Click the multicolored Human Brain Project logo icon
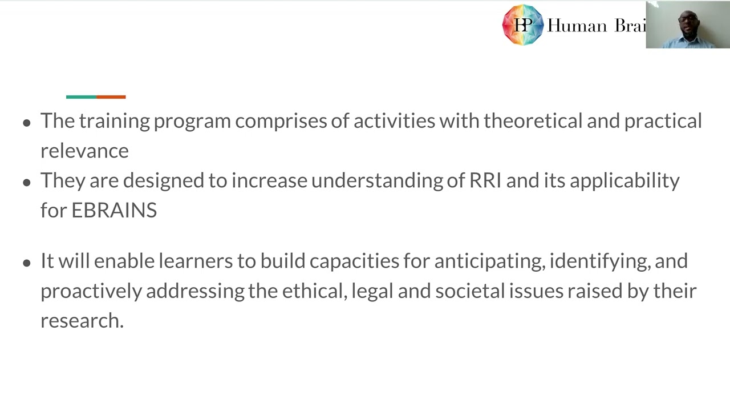coord(522,25)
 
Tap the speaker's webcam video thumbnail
coord(688,25)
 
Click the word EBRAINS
coord(114,210)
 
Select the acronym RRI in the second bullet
coord(485,180)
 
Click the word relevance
coord(84,151)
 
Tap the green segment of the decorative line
coord(81,97)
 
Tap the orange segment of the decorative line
coord(111,97)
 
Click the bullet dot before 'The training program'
coord(27,122)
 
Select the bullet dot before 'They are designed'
coord(27,182)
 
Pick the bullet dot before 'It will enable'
coord(27,263)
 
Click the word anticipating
coord(489,261)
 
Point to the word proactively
coord(91,291)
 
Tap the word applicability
coord(624,180)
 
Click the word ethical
coord(314,291)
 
